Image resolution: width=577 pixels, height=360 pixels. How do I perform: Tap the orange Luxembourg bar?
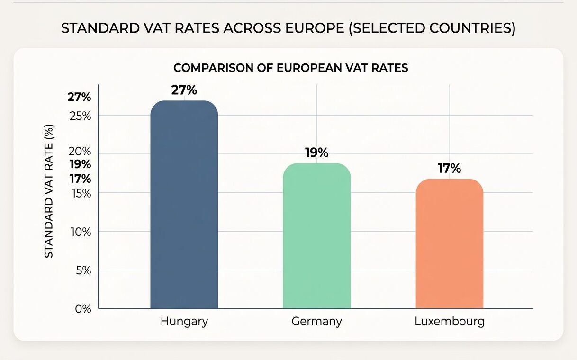click(449, 244)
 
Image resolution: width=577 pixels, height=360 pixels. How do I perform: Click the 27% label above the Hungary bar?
click(184, 90)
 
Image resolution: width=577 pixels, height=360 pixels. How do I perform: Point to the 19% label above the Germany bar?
click(316, 153)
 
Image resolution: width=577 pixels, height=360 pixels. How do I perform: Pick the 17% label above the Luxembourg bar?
click(449, 169)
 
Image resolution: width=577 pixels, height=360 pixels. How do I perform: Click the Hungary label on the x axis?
click(184, 321)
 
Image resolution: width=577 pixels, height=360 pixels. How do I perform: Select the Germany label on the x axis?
click(316, 321)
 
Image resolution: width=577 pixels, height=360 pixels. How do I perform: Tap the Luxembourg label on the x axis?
click(449, 321)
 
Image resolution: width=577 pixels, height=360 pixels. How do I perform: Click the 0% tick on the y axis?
click(82, 309)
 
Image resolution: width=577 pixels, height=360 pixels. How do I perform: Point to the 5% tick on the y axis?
click(82, 270)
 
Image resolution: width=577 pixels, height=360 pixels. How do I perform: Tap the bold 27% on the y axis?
click(79, 98)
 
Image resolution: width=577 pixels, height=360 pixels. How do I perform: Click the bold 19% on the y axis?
click(80, 165)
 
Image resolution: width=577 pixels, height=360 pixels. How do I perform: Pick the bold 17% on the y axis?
click(80, 179)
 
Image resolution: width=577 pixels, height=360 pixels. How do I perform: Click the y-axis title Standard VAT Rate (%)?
click(49, 191)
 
